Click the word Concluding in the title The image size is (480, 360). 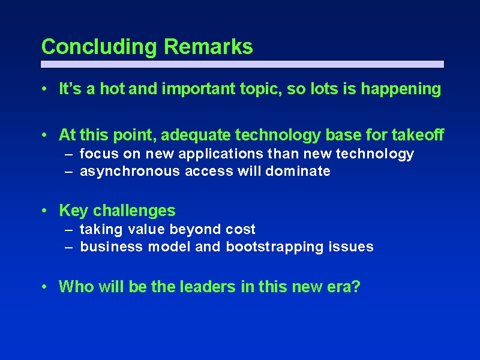click(99, 47)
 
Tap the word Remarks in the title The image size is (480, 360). click(208, 47)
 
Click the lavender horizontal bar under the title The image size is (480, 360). click(242, 64)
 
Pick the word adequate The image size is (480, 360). click(196, 136)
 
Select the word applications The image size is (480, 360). click(221, 154)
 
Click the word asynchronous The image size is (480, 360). click(130, 172)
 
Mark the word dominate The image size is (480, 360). click(298, 171)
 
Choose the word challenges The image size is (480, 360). click(134, 211)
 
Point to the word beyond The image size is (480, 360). click(196, 230)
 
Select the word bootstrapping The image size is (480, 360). click(275, 247)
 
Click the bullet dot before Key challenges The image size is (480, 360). click(44, 211)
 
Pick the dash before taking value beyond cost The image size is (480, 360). click(69, 230)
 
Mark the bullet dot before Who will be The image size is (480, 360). click(44, 287)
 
